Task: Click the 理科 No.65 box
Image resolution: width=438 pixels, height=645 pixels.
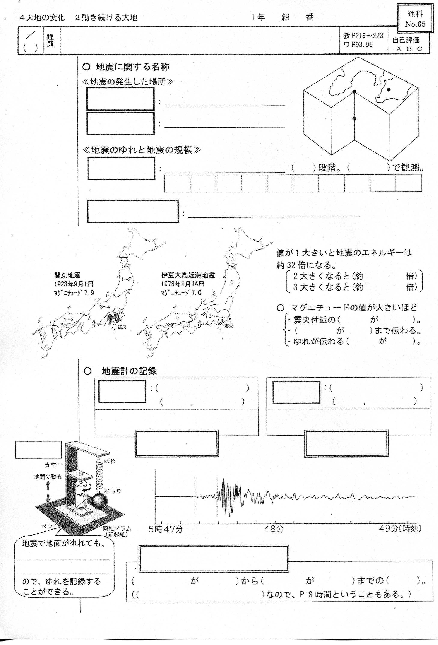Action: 415,19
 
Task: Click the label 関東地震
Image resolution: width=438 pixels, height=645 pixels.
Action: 67,275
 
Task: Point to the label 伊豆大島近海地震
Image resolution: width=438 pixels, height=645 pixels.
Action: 188,275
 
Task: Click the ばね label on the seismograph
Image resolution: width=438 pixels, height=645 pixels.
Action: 110,461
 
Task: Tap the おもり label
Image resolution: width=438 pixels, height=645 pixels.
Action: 113,491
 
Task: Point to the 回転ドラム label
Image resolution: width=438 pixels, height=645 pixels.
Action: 117,528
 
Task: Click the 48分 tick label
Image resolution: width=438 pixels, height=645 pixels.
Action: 274,529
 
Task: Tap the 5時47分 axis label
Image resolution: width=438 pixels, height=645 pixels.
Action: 166,529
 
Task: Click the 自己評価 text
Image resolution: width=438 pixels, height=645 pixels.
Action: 406,40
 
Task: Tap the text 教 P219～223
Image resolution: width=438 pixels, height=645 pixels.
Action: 363,36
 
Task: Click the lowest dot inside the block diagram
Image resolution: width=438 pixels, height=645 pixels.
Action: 354,118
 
